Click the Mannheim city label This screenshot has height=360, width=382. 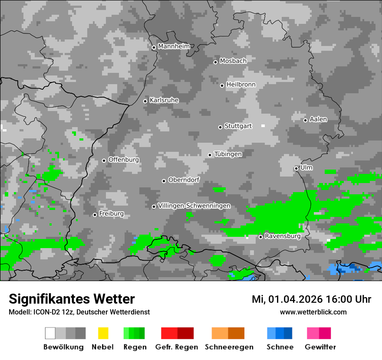174,46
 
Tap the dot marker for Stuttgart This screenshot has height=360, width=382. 220,127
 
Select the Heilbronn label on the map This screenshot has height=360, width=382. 241,85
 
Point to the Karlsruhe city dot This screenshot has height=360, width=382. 145,101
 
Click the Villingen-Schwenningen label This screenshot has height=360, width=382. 194,206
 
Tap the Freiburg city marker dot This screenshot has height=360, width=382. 95,215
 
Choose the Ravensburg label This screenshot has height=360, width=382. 283,236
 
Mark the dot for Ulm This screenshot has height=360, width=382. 296,168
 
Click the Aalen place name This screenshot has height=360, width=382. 318,119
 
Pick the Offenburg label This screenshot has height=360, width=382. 124,160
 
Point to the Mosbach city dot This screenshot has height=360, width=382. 215,62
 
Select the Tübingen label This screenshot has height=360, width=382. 228,154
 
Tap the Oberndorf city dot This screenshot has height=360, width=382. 164,181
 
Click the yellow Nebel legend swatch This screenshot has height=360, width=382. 103,333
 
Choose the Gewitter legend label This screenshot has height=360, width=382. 320,347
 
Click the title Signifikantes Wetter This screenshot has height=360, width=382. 72,299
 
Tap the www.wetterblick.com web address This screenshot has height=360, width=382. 313,312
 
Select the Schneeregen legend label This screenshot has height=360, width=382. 229,347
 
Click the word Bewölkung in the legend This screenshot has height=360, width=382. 63,347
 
